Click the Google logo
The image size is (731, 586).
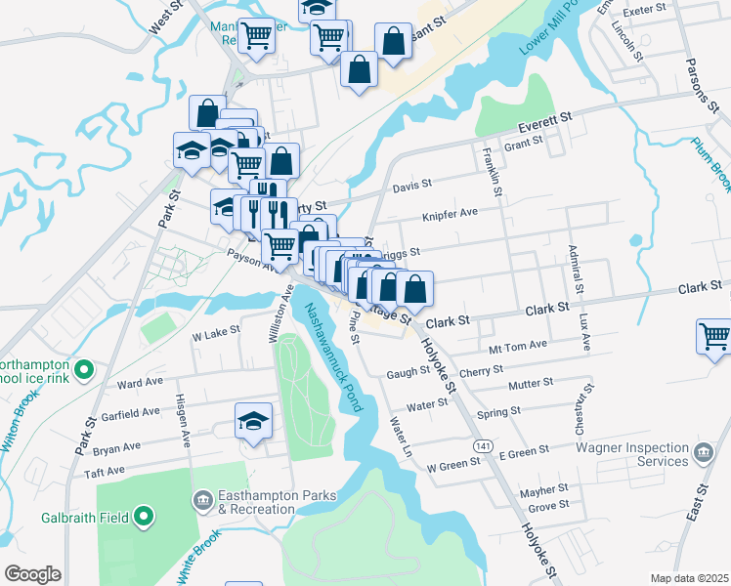(32, 574)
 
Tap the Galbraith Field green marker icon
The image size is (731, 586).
(145, 516)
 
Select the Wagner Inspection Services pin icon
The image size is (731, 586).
(703, 452)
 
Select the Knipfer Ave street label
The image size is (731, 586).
(450, 213)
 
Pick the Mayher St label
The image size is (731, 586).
(544, 487)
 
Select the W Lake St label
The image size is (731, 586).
(216, 333)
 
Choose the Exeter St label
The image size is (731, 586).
(643, 9)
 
